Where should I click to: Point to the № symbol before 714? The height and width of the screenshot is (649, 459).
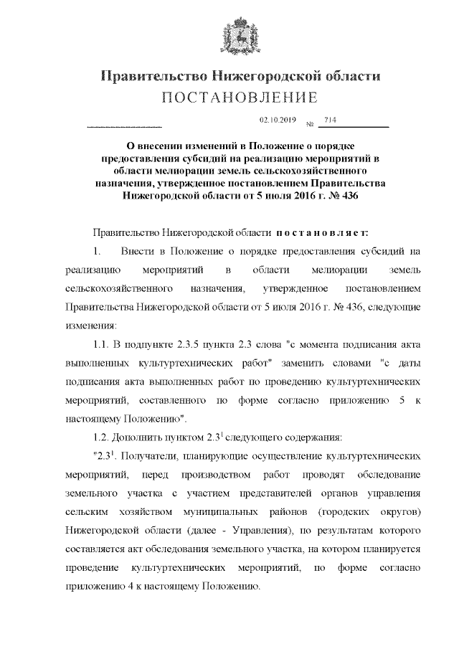coord(311,124)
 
